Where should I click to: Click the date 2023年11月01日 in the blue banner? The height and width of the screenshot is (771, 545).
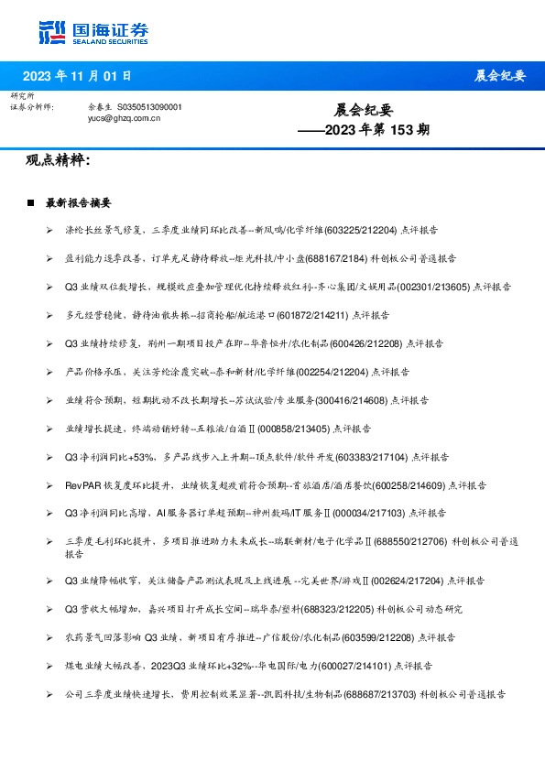coord(76,76)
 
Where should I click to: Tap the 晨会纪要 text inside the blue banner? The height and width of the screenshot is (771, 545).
coord(500,76)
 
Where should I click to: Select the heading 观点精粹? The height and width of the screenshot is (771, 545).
coord(57,160)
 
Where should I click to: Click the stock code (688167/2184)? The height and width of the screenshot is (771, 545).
coord(363,259)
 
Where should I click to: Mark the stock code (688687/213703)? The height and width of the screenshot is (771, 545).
coord(379,694)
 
